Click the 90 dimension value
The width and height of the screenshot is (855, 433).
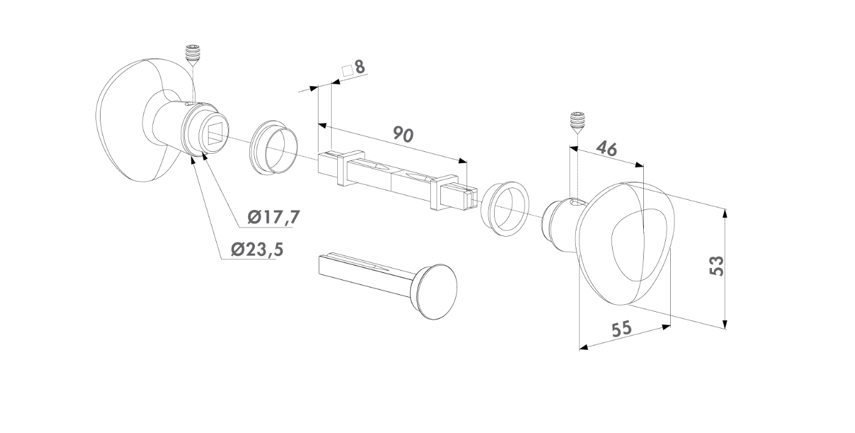[403, 134]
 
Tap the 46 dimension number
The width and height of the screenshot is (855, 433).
[606, 149]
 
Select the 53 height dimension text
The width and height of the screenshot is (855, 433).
[716, 266]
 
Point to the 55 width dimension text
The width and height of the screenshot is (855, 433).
[622, 329]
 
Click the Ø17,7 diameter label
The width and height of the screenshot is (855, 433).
[274, 217]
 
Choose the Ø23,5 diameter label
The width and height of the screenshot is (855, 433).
[257, 250]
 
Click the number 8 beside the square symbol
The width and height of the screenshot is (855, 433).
[360, 67]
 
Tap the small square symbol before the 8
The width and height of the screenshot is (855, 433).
[347, 71]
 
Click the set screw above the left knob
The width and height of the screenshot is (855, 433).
[194, 56]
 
